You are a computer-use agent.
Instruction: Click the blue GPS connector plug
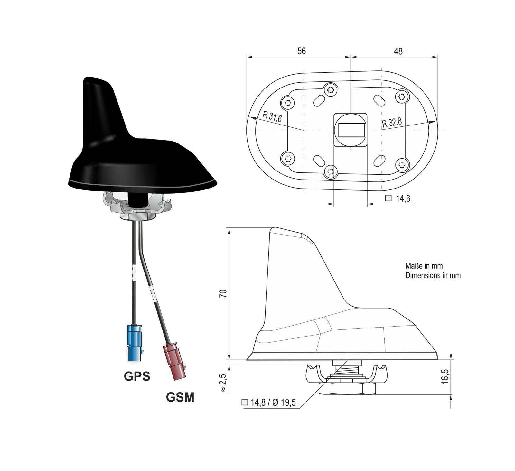[135, 343]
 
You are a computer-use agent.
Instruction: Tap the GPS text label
[137, 376]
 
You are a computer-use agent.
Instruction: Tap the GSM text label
[180, 397]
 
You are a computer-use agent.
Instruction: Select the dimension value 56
[302, 51]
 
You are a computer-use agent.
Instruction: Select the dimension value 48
[398, 51]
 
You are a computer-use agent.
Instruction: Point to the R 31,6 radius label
[272, 116]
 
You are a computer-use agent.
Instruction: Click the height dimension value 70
[223, 293]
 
